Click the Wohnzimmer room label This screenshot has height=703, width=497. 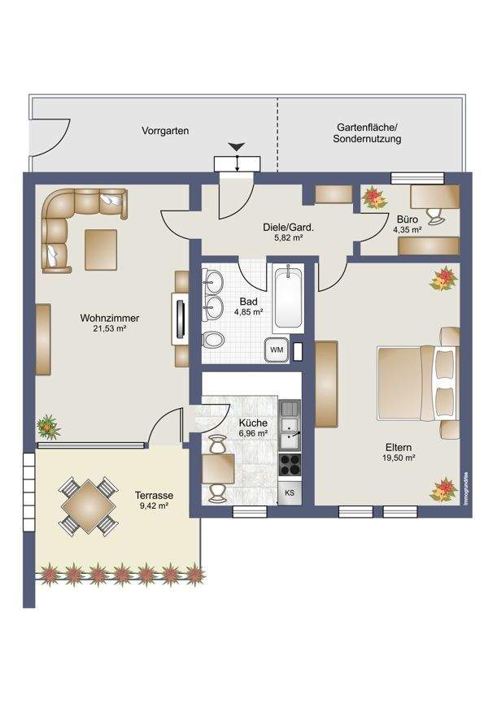point(110,318)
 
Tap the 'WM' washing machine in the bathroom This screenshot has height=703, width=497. point(277,349)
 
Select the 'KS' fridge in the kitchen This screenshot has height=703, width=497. point(290,493)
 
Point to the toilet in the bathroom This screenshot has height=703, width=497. point(212,340)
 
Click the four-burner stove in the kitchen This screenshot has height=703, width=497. point(290,464)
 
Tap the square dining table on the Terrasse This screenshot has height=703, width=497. point(89,506)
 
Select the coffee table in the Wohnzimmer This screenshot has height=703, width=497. point(101,250)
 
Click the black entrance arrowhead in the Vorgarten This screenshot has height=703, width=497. point(237,146)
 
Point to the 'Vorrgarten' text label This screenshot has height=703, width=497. point(165,131)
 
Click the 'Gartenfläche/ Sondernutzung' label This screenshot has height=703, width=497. point(367,133)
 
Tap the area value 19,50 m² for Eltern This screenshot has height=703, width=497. point(400,458)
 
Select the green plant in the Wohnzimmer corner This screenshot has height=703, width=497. point(47,427)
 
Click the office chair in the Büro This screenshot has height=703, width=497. point(436,216)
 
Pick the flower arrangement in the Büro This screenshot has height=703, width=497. point(374,197)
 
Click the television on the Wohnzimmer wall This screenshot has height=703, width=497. point(181,319)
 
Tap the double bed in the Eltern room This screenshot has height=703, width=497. point(418,383)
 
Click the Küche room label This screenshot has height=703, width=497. point(253,423)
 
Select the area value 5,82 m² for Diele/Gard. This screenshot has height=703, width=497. point(289,238)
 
